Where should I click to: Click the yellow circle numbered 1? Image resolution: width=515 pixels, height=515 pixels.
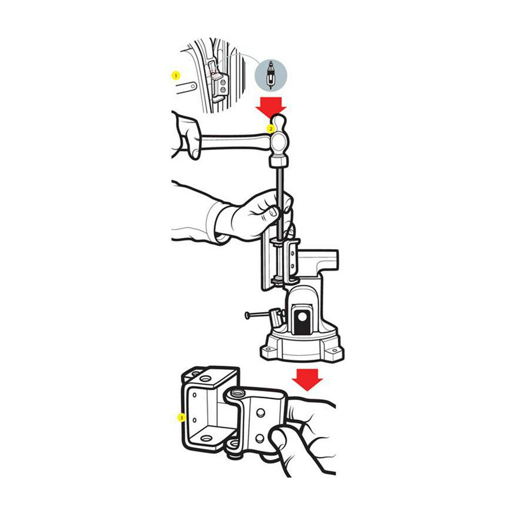point(176,76)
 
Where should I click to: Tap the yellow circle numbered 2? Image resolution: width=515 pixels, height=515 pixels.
point(271,129)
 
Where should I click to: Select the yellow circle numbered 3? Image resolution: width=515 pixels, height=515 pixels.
point(181,418)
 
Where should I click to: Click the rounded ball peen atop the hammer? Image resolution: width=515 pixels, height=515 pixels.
point(279,122)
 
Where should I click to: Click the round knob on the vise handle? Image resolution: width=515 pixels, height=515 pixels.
point(247,315)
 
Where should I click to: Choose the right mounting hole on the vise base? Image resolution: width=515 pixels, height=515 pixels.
point(335,351)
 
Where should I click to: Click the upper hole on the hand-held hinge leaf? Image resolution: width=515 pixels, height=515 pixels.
point(261,413)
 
